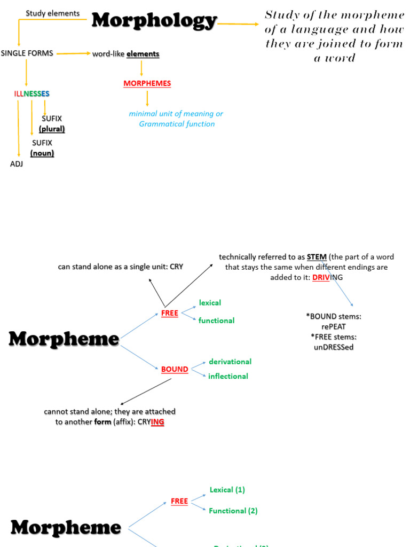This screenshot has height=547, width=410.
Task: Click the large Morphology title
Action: click(154, 21)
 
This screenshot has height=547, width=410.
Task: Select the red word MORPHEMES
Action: click(147, 83)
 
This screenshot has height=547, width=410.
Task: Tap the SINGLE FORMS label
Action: click(27, 53)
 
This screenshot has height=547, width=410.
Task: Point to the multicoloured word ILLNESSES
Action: click(32, 94)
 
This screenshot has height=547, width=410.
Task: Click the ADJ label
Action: click(17, 164)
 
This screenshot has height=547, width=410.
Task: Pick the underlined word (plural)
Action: click(52, 129)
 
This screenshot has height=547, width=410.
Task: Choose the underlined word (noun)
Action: click(42, 153)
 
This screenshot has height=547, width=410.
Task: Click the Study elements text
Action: click(53, 13)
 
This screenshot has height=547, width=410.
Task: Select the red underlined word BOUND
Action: click(175, 369)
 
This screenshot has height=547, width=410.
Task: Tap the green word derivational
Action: click(230, 362)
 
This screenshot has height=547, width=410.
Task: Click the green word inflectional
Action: click(228, 376)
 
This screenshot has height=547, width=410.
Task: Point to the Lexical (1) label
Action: click(227, 490)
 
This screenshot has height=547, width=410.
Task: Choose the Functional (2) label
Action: click(233, 511)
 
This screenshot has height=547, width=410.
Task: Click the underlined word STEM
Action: click(317, 257)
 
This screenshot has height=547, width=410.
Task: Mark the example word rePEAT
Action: click(334, 327)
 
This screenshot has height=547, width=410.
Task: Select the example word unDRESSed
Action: click(334, 347)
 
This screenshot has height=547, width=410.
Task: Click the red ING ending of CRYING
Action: click(157, 422)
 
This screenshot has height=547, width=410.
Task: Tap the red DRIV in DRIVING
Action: click(321, 277)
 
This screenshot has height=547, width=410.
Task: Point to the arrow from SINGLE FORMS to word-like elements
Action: click(73, 53)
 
